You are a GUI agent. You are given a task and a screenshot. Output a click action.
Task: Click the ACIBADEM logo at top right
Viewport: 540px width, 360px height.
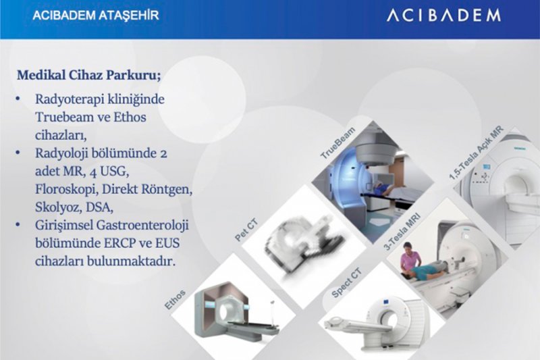443,16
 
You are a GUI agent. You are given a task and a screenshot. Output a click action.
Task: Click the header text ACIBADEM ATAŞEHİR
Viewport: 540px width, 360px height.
96,16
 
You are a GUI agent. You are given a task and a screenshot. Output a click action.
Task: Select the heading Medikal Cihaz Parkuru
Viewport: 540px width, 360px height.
89,75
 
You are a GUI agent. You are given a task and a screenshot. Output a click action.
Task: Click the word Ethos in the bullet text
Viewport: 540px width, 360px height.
130,117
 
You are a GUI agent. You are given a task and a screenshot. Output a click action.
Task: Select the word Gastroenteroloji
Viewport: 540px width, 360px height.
143,226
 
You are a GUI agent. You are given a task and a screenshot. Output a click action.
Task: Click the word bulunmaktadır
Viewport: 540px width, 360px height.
131,261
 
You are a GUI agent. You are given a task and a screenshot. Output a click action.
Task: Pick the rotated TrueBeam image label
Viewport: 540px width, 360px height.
337,143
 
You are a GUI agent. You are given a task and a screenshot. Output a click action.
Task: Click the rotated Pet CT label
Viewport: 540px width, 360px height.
246,230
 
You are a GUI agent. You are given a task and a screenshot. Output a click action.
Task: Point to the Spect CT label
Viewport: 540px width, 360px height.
346,283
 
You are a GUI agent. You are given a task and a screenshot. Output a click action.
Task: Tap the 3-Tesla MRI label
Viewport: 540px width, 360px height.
402,232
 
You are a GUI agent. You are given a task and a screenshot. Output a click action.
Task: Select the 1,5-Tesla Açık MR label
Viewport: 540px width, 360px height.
477,153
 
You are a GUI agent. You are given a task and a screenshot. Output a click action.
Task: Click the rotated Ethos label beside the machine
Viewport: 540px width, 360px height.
175,299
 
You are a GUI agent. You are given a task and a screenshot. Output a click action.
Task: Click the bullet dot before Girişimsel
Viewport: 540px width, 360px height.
18,225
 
